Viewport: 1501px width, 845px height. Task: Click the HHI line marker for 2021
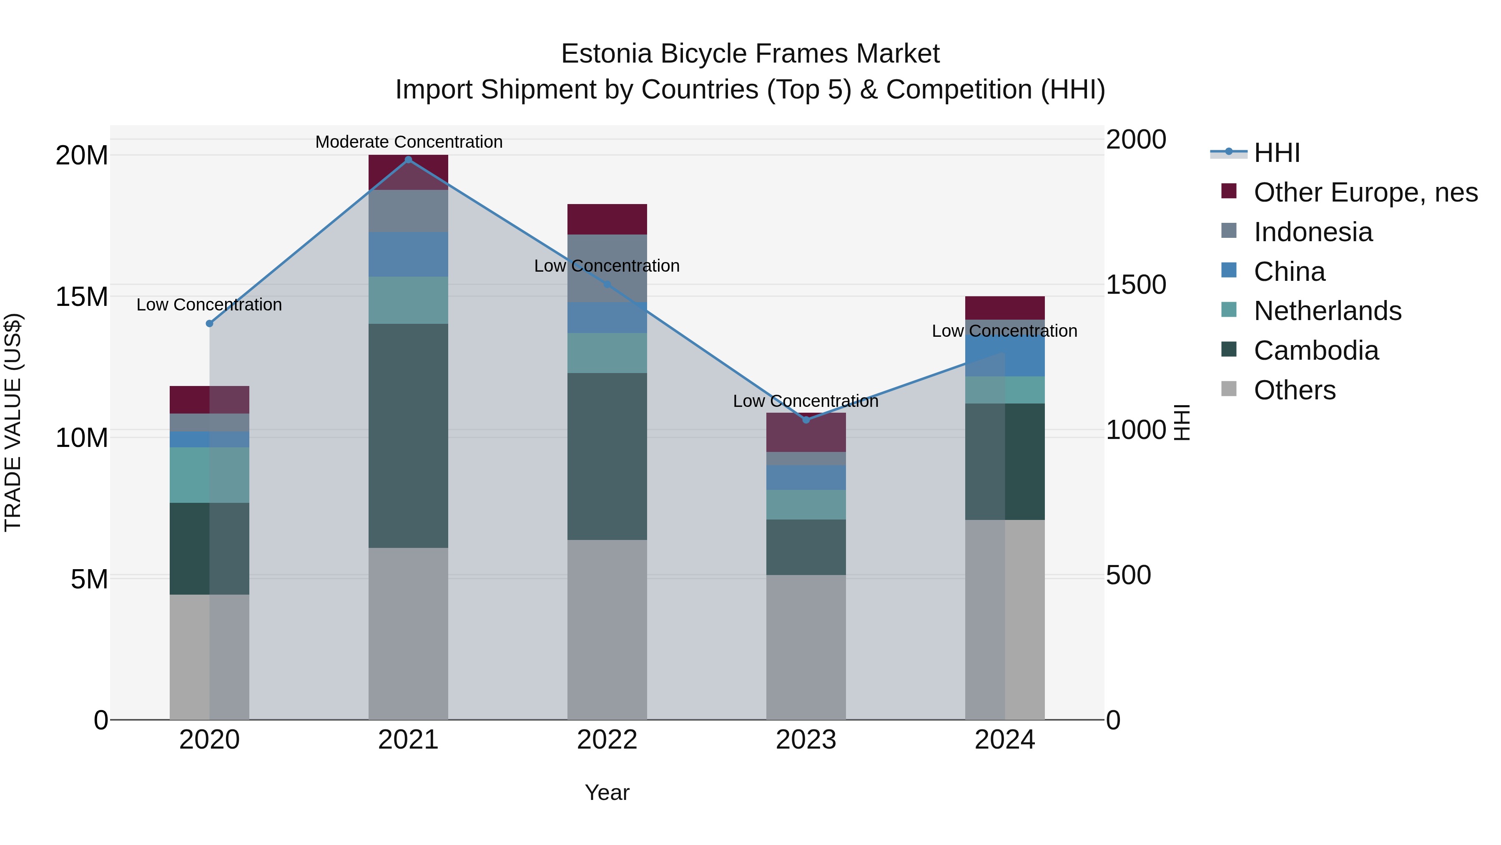(409, 160)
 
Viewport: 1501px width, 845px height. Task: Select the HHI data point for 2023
(806, 420)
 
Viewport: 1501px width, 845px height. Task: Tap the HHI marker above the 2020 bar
(210, 324)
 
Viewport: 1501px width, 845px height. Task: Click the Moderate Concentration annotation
(409, 142)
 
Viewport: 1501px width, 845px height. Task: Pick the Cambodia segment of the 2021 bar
(409, 435)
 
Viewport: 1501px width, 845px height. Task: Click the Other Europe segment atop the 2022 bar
(607, 219)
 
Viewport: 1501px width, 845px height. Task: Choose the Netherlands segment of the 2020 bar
(210, 475)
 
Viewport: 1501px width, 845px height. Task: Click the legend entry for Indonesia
(1313, 232)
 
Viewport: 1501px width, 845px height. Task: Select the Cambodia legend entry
(1316, 351)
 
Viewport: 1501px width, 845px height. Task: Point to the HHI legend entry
(1277, 153)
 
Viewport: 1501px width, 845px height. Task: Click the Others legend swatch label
(1294, 390)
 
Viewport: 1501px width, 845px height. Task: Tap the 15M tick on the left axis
(82, 297)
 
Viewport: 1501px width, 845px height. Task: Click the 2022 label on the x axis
(607, 740)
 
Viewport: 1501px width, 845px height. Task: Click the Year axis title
(607, 792)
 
